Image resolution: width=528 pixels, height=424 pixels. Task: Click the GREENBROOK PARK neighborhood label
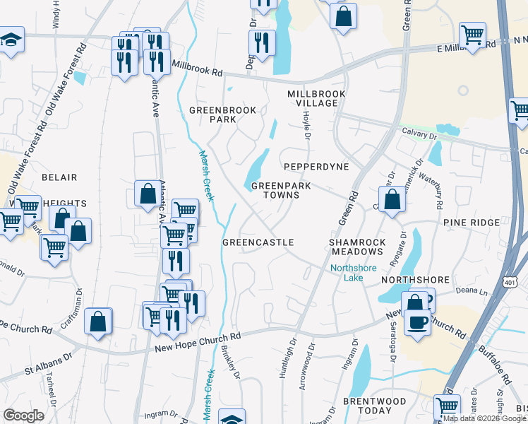(x=212, y=114)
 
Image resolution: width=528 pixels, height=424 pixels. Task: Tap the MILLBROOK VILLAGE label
(x=316, y=98)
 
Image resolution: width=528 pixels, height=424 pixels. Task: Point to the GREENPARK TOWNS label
(x=275, y=191)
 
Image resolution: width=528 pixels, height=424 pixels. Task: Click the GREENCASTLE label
(x=258, y=242)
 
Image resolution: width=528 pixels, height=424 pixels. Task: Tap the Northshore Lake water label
(x=355, y=273)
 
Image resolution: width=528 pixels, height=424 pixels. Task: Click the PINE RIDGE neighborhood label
(x=472, y=223)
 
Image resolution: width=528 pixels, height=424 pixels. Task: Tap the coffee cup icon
(x=416, y=322)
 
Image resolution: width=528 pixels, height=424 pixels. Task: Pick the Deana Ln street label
(x=474, y=290)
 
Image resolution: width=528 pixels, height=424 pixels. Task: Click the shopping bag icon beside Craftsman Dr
(x=98, y=321)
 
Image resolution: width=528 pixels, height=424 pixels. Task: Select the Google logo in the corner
(x=24, y=416)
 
